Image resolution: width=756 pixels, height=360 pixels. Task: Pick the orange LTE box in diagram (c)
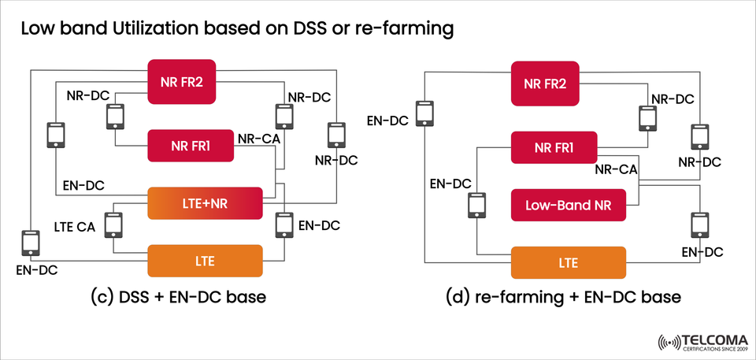(204, 259)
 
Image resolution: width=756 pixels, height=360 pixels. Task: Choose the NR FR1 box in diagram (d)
(554, 148)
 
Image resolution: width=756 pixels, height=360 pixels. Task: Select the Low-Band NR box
(569, 206)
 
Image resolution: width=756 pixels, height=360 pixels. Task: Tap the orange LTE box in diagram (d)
(569, 262)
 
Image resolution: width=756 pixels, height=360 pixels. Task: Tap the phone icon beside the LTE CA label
(114, 226)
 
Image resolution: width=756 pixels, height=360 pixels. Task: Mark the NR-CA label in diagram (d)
(616, 169)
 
